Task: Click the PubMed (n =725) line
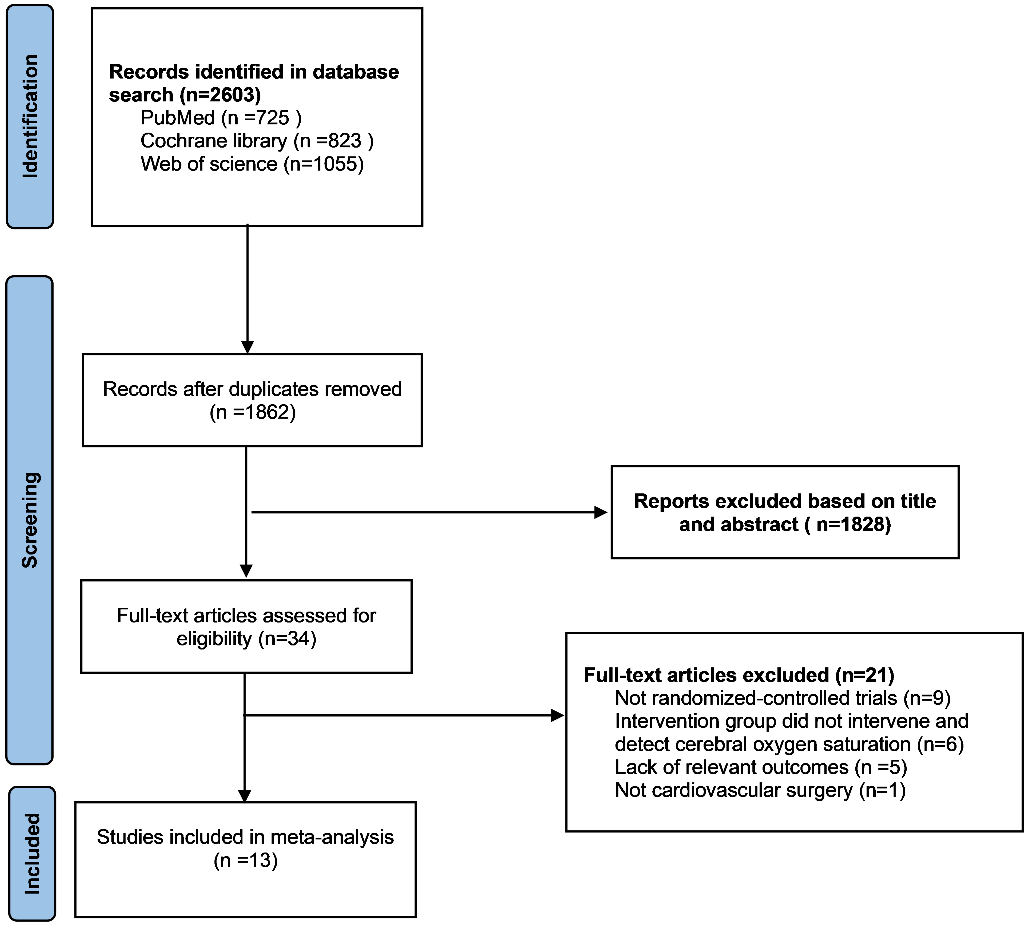[221, 118]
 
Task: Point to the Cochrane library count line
[257, 141]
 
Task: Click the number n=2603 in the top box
[220, 95]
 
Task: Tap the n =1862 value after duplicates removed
[253, 412]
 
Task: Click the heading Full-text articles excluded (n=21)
[739, 675]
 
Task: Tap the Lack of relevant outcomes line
[761, 766]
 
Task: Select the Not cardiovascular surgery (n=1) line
[760, 790]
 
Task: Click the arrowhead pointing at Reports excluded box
[601, 512]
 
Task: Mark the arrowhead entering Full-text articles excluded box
[558, 716]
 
